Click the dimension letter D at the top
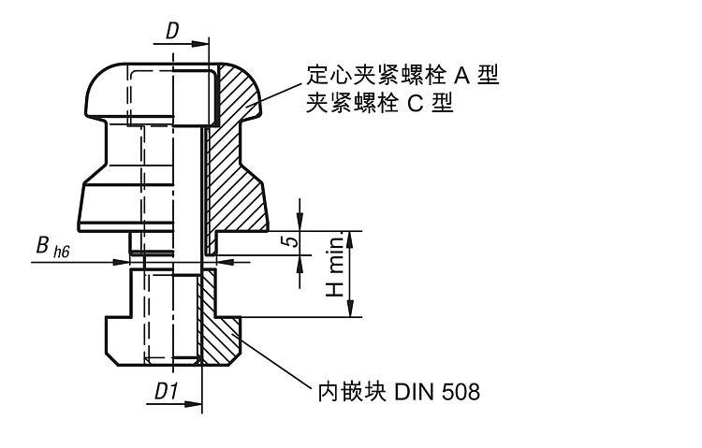click(x=172, y=31)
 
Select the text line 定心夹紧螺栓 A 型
click(x=402, y=75)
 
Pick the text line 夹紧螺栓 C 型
click(x=379, y=103)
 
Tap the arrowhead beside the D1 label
click(x=196, y=406)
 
